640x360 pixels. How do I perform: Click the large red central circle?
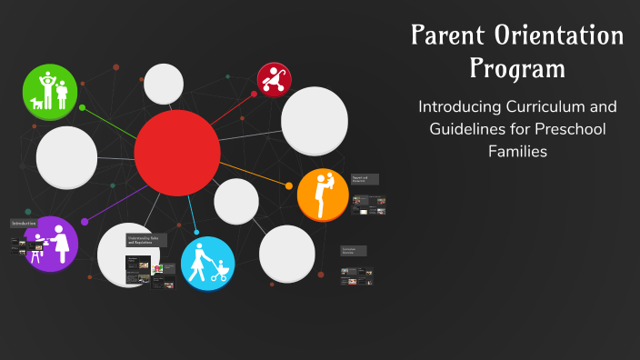[x=177, y=153]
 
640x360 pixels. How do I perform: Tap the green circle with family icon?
[x=49, y=91]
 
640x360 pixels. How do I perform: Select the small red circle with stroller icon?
[x=274, y=80]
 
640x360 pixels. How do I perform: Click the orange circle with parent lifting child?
[x=323, y=195]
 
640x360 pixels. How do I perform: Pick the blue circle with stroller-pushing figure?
[x=207, y=263]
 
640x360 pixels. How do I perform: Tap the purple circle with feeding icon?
[x=51, y=244]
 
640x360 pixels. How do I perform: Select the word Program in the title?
[x=517, y=68]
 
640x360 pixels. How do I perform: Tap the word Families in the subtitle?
[x=517, y=152]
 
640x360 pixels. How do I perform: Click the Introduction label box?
[x=25, y=223]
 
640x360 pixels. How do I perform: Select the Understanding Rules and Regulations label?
[x=145, y=240]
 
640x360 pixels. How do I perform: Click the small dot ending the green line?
[x=82, y=107]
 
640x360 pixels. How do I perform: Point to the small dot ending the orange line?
[x=289, y=185]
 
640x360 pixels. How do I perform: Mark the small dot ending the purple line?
[x=85, y=221]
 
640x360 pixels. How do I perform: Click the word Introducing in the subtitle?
[x=457, y=106]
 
